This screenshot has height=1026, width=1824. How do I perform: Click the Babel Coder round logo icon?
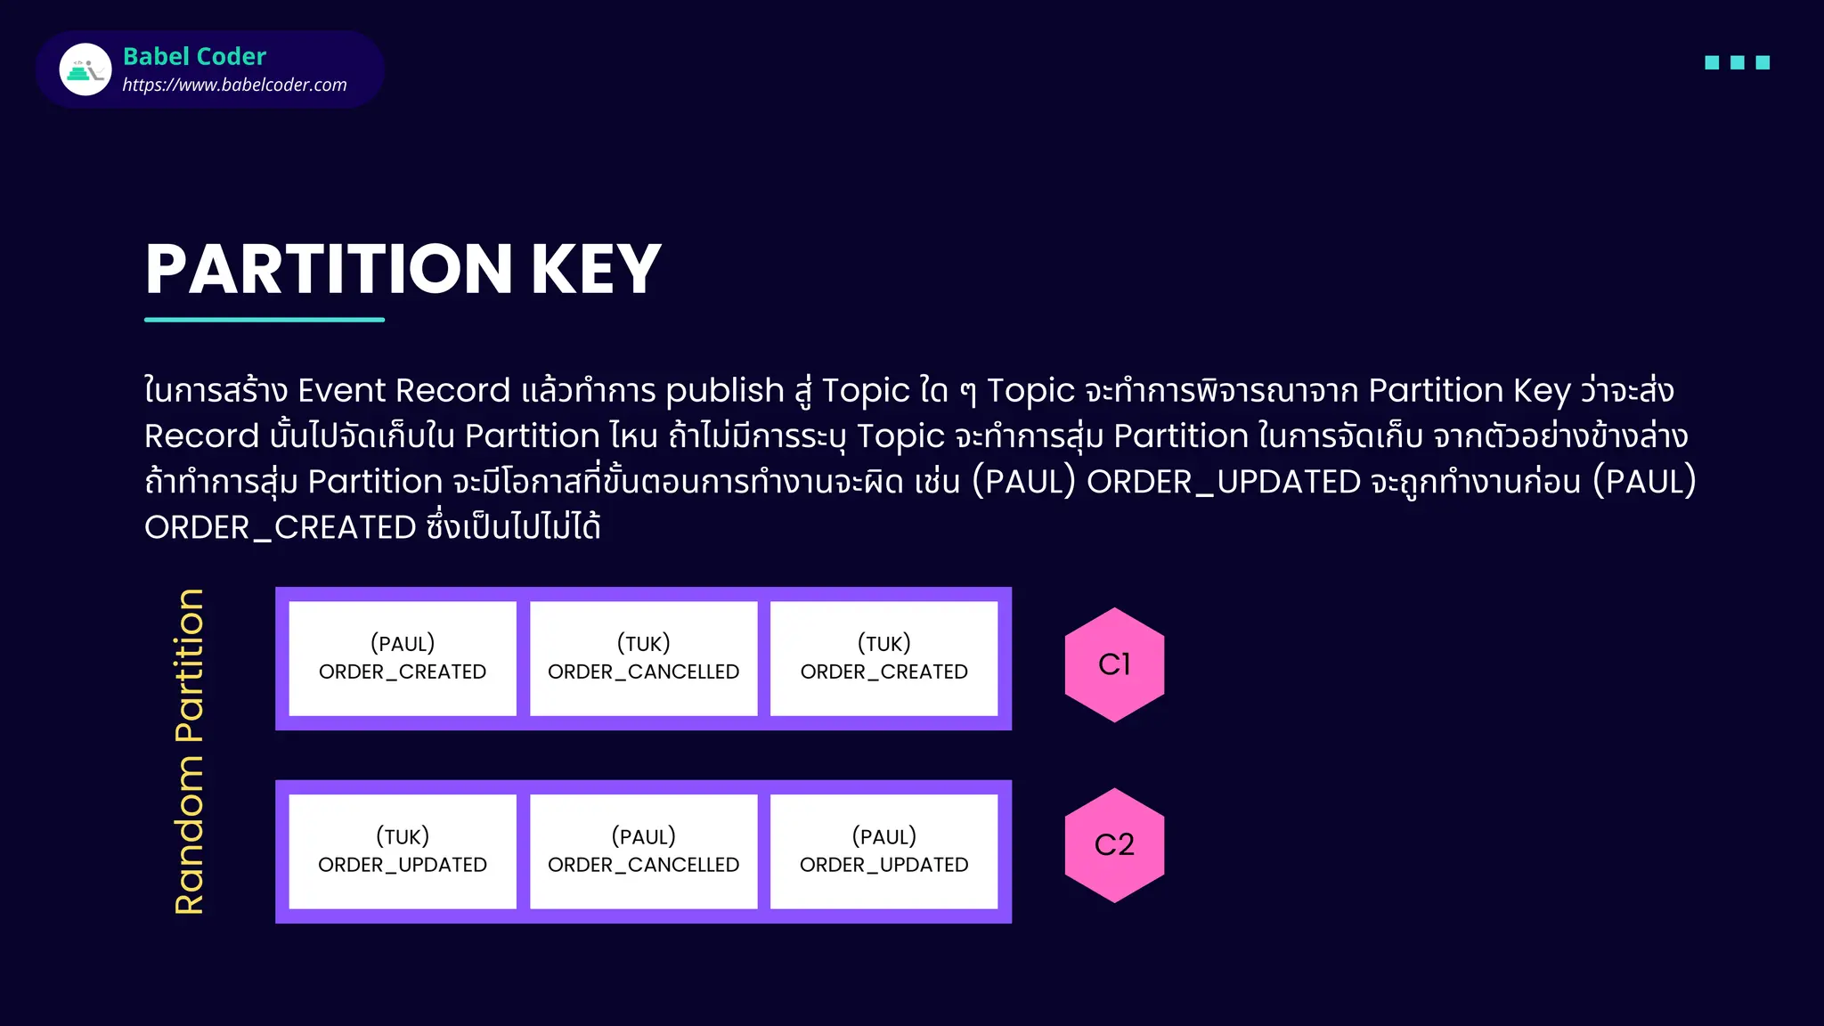(x=85, y=69)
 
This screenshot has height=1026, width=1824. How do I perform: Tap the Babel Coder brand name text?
(x=194, y=56)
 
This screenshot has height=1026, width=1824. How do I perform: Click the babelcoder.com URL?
(x=234, y=85)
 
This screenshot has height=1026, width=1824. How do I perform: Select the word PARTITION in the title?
(x=329, y=270)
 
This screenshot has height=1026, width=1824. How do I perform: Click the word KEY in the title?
(x=596, y=270)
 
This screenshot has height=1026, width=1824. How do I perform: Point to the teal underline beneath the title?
(x=265, y=319)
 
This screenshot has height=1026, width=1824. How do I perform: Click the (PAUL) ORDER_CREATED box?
(x=403, y=658)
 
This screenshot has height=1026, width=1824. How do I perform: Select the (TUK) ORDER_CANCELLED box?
(x=643, y=658)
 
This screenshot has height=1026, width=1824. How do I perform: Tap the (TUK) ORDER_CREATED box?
(x=883, y=658)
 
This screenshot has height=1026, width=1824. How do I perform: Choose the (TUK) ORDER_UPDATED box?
(x=403, y=851)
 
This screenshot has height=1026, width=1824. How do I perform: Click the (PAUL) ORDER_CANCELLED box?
(x=643, y=851)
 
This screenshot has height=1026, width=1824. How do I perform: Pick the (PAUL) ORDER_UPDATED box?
(x=883, y=851)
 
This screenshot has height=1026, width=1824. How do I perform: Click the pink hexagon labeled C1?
(x=1114, y=664)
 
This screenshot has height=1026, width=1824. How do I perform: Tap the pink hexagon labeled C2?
(x=1114, y=844)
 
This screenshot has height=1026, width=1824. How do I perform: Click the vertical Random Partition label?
(x=190, y=752)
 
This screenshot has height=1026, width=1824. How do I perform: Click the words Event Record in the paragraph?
(x=403, y=391)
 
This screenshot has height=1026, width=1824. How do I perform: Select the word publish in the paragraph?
(x=724, y=391)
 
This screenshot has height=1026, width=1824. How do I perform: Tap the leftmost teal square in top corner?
(x=1712, y=62)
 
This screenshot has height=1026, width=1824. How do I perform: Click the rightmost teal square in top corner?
(x=1763, y=62)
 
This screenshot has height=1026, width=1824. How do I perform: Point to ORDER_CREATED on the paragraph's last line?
(x=280, y=527)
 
